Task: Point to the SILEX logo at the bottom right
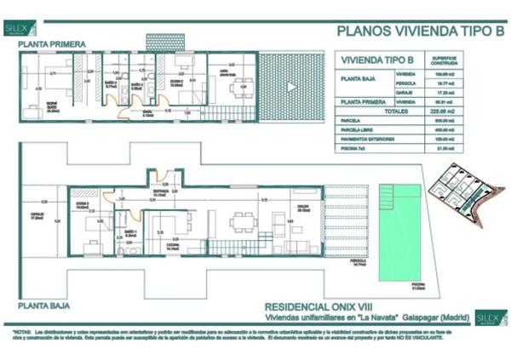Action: (491, 319)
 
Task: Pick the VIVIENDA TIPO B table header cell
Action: (376, 61)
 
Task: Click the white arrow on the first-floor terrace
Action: (291, 87)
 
